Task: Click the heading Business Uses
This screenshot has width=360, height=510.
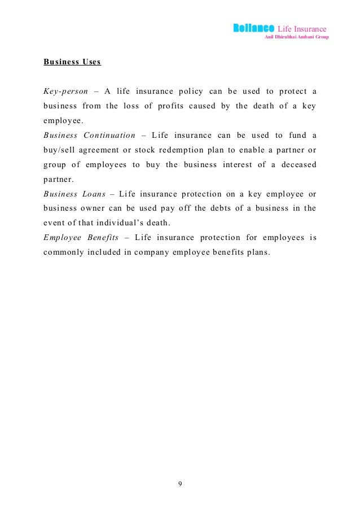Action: (72, 62)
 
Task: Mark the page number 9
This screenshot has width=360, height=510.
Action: (180, 484)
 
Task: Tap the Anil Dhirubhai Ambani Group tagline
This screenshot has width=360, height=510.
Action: (296, 37)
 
